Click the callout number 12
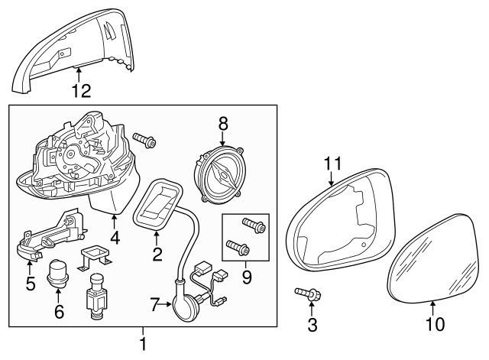click(x=82, y=91)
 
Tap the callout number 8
click(x=223, y=124)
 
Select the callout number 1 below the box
click(x=143, y=344)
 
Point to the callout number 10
click(x=435, y=324)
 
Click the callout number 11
click(x=333, y=164)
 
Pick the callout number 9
click(x=246, y=277)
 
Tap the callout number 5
click(x=31, y=284)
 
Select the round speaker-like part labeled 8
click(x=219, y=175)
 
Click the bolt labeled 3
click(x=309, y=294)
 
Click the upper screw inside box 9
click(x=254, y=225)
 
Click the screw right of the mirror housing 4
click(x=144, y=140)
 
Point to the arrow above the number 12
click(x=79, y=75)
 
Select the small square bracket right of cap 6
click(x=95, y=256)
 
